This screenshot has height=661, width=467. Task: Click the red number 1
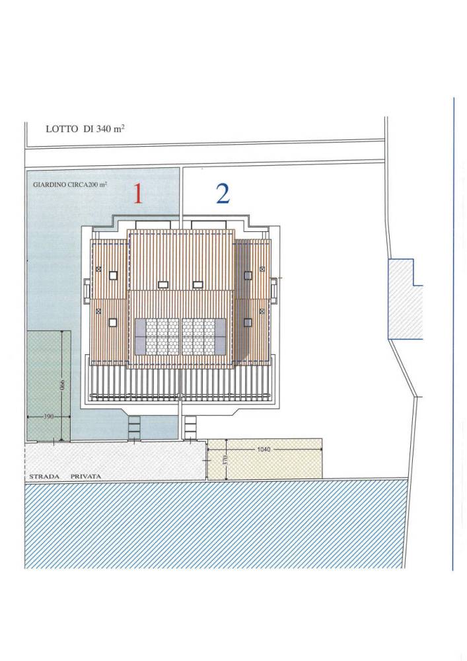click(138, 194)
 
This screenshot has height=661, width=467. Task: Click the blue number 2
click(223, 194)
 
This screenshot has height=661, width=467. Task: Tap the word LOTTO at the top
click(62, 129)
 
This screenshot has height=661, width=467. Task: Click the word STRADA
click(44, 477)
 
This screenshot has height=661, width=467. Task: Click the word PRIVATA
click(86, 477)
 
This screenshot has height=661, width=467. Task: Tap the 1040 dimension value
click(264, 449)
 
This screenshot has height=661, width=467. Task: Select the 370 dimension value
click(226, 459)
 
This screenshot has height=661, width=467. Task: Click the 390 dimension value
click(48, 416)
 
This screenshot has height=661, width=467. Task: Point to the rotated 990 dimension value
click(62, 385)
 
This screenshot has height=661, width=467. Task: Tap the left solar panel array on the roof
click(157, 337)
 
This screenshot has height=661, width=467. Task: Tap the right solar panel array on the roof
click(204, 337)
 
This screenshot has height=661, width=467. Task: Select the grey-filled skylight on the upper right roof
click(248, 275)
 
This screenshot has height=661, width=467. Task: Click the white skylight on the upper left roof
click(113, 276)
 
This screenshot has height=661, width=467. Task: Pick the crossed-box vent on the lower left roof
click(98, 311)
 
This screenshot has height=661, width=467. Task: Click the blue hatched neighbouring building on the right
click(405, 299)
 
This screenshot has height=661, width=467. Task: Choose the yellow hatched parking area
click(265, 459)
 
